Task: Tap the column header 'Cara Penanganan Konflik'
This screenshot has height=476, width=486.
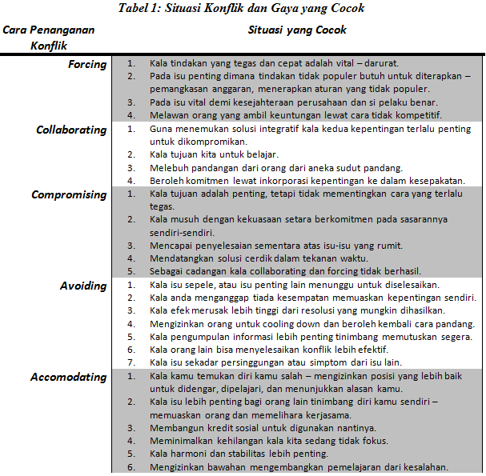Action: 48,38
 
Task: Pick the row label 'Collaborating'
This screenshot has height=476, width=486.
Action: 71,130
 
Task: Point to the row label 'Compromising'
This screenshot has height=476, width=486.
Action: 69,195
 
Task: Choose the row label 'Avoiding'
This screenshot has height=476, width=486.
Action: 83,286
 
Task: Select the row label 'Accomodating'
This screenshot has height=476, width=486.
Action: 68,377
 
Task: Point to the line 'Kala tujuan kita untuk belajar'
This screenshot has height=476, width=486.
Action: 214,154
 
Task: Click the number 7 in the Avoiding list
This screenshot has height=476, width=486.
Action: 131,362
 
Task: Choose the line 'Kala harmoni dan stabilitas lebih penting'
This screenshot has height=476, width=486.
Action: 239,454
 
